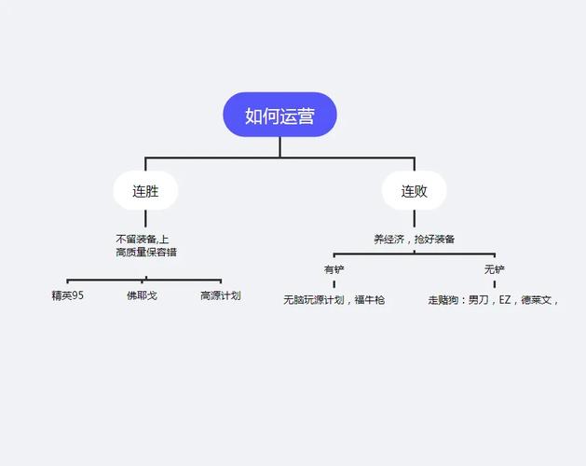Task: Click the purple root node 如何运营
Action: click(x=279, y=115)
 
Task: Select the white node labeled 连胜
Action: click(x=144, y=192)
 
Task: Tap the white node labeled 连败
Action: click(x=415, y=192)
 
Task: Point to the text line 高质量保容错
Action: click(x=146, y=252)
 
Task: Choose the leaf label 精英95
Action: click(x=68, y=296)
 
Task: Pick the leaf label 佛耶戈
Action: click(x=142, y=296)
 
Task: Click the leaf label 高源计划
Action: click(x=221, y=296)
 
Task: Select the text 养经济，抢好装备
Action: click(x=415, y=239)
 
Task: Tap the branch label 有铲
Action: click(x=334, y=269)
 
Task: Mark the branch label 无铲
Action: click(x=494, y=269)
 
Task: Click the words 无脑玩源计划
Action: click(x=314, y=300)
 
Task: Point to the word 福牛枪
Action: click(x=370, y=300)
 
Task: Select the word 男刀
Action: click(x=478, y=300)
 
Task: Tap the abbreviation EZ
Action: click(x=506, y=300)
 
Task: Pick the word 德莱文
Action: click(x=538, y=300)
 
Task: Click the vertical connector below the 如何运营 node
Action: click(x=279, y=146)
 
